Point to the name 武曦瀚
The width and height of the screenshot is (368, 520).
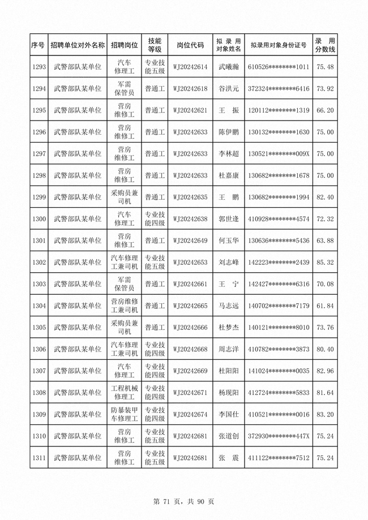click(229, 67)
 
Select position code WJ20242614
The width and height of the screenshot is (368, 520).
click(190, 67)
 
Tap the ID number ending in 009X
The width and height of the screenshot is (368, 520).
click(279, 154)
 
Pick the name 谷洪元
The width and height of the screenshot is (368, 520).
click(229, 89)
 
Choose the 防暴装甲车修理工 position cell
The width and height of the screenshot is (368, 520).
click(124, 414)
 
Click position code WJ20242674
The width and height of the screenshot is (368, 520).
click(190, 414)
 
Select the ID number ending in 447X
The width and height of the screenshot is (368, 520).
click(279, 436)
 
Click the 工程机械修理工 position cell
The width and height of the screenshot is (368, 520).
click(124, 392)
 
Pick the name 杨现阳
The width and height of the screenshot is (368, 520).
click(229, 392)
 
